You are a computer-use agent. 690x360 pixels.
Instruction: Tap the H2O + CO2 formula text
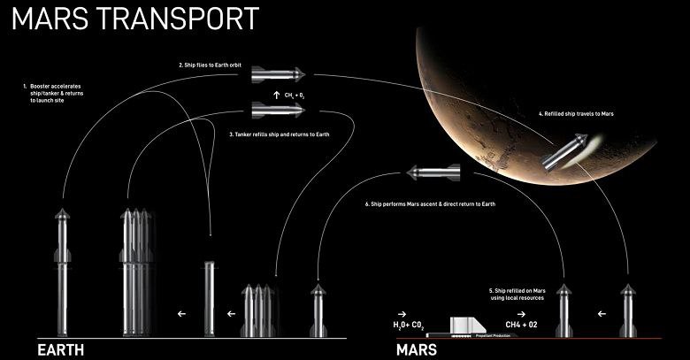pos(411,326)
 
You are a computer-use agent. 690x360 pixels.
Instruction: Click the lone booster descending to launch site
pos(210,296)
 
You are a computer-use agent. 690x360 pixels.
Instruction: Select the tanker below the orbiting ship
pos(278,110)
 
